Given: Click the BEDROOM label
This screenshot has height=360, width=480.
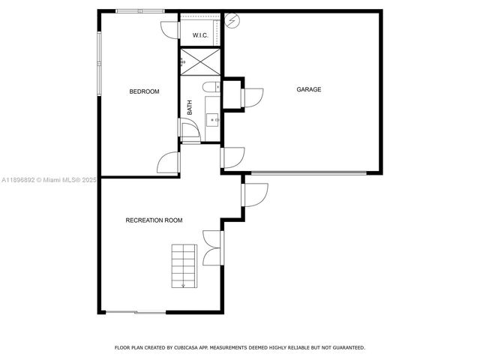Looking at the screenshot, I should [x=145, y=91].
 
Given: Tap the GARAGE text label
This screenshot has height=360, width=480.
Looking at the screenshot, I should [x=308, y=89].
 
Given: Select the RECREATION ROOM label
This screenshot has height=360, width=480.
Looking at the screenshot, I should [x=154, y=220].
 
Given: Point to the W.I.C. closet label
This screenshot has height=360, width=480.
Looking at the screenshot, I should [x=200, y=35].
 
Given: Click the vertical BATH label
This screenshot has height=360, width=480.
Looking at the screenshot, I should [x=190, y=107].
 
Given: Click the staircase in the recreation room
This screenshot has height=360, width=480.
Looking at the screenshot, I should [x=184, y=265].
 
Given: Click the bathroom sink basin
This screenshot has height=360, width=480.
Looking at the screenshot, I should [x=211, y=119].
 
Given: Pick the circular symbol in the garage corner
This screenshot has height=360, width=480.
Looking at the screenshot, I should [x=232, y=21].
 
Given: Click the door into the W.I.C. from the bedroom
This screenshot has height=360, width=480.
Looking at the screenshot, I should [x=170, y=31].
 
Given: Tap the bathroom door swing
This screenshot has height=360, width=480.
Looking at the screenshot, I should [x=190, y=130].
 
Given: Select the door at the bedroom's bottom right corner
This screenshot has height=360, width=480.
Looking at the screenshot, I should [x=169, y=163].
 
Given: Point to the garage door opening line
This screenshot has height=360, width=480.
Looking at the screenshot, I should [x=308, y=173].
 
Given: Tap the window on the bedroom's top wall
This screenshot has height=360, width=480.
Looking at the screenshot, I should [x=140, y=10].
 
